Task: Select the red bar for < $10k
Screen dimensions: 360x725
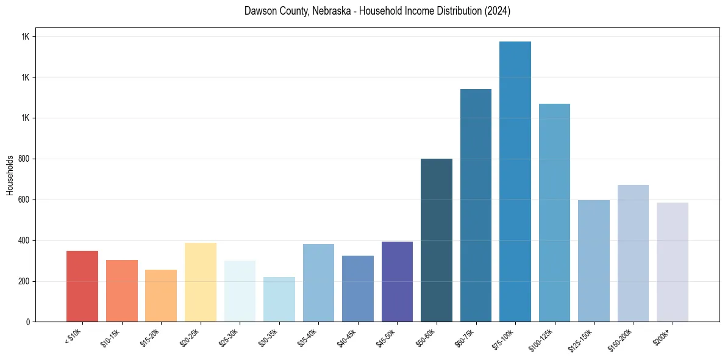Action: pos(82,286)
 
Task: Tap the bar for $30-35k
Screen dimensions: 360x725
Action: pos(279,300)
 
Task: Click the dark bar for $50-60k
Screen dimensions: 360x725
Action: pos(437,240)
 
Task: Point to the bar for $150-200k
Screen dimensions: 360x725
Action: pos(633,253)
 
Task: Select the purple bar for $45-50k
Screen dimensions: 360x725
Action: pos(397,281)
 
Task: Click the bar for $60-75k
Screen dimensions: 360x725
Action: pos(476,206)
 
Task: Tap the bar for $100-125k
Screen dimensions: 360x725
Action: pos(554,213)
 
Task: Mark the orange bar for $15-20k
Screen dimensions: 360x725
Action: pos(161,296)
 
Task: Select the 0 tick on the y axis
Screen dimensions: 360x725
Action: pos(27,322)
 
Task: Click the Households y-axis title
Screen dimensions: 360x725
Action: pos(10,175)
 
